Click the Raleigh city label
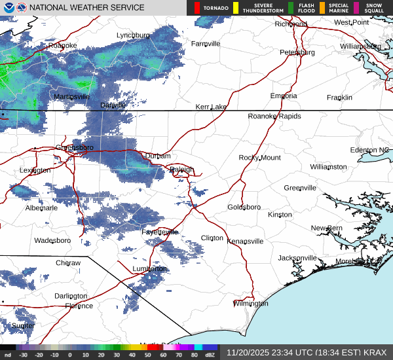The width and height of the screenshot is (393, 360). (x=181, y=170)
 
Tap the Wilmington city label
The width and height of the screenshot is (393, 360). (x=251, y=304)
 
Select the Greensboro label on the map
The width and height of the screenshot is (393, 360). (x=75, y=147)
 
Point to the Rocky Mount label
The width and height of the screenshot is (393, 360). (x=259, y=158)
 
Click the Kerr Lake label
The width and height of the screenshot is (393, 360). (x=211, y=107)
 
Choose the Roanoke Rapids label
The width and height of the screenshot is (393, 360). (x=274, y=116)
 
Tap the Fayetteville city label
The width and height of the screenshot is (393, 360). (x=160, y=232)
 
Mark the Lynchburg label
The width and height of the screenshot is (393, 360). (x=133, y=35)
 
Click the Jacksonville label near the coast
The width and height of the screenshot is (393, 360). (x=297, y=258)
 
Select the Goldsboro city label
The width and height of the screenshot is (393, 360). (x=244, y=207)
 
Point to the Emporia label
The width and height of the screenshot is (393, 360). (x=284, y=96)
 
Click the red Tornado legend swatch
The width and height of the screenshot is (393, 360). (x=197, y=8)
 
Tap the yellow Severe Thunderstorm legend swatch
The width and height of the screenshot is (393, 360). (x=235, y=8)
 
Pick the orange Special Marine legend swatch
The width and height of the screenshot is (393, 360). (x=322, y=8)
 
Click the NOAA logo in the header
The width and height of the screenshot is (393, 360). (x=8, y=8)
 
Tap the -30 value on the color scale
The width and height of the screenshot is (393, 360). (x=24, y=355)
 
